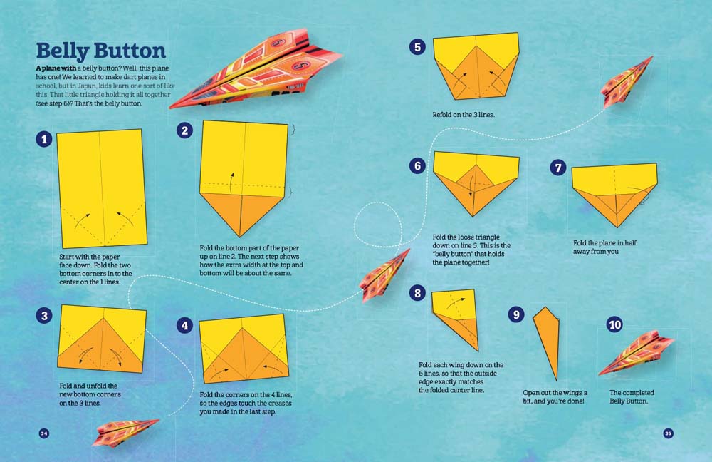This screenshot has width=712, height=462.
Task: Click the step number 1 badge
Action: coord(45,139)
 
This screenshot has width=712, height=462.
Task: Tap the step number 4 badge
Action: coord(185,325)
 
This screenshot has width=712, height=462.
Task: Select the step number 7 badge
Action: coord(558,168)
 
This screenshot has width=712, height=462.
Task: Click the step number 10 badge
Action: coord(614,325)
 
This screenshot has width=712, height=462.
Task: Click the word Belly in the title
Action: coord(62,51)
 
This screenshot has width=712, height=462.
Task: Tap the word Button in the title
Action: coord(129,51)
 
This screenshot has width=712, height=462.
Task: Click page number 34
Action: coord(43,433)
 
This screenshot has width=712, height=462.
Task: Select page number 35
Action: coord(668,433)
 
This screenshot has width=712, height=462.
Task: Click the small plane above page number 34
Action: coord(125,431)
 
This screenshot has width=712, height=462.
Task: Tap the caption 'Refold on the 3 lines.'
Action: coord(464,114)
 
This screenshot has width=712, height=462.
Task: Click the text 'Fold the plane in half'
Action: coord(604,242)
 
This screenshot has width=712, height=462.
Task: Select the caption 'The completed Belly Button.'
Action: coord(632,397)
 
